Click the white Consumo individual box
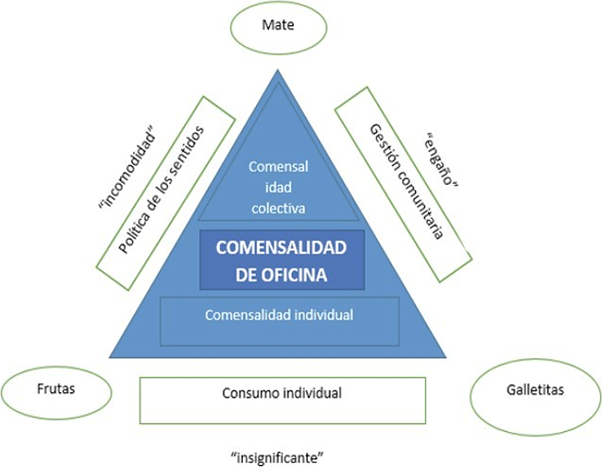(282, 400)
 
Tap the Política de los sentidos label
(161, 190)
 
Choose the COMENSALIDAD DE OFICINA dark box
(282, 260)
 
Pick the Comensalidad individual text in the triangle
(279, 315)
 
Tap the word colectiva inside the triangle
(278, 208)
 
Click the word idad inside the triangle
(278, 188)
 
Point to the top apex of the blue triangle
(278, 71)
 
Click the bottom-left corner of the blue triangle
(111, 356)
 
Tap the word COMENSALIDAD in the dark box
(281, 248)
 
